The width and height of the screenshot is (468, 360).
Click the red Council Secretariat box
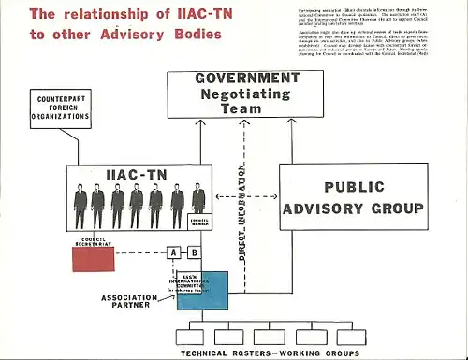(x=98, y=258)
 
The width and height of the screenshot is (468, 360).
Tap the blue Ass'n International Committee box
(x=202, y=290)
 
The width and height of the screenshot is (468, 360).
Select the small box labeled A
(x=173, y=252)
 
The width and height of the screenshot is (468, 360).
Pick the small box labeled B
(x=194, y=252)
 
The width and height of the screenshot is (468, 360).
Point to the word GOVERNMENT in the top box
(x=247, y=79)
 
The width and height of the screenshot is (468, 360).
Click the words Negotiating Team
(x=247, y=99)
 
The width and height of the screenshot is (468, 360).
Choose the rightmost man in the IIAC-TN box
(x=198, y=200)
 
